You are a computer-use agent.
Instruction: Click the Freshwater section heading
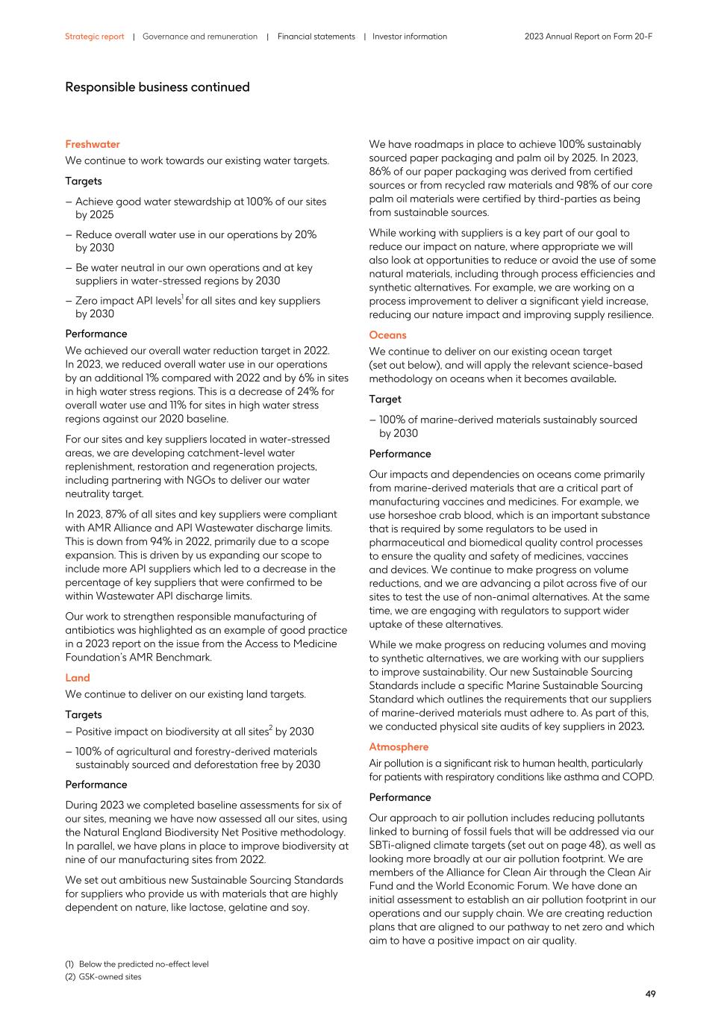[x=92, y=144]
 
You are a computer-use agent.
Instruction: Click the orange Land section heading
[x=77, y=678]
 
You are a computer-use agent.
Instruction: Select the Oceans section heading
[x=387, y=335]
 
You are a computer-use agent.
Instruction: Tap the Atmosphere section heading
[x=399, y=747]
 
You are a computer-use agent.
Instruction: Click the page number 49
[x=650, y=994]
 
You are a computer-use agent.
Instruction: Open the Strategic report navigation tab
[x=94, y=37]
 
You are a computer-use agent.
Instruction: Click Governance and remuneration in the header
[x=199, y=37]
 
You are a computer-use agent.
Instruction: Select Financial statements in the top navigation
[x=316, y=37]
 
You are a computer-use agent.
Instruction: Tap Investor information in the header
[x=410, y=37]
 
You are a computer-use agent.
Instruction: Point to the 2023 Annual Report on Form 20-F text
[x=588, y=37]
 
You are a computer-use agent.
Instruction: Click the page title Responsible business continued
[x=157, y=87]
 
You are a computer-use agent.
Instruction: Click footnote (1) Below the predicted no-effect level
[x=137, y=964]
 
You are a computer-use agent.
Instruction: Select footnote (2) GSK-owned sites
[x=103, y=976]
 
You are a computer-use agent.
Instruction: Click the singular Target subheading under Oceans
[x=384, y=399]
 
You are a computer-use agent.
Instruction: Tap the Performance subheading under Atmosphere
[x=399, y=797]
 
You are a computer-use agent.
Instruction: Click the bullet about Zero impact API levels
[x=198, y=307]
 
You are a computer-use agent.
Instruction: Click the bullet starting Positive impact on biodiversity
[x=194, y=732]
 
